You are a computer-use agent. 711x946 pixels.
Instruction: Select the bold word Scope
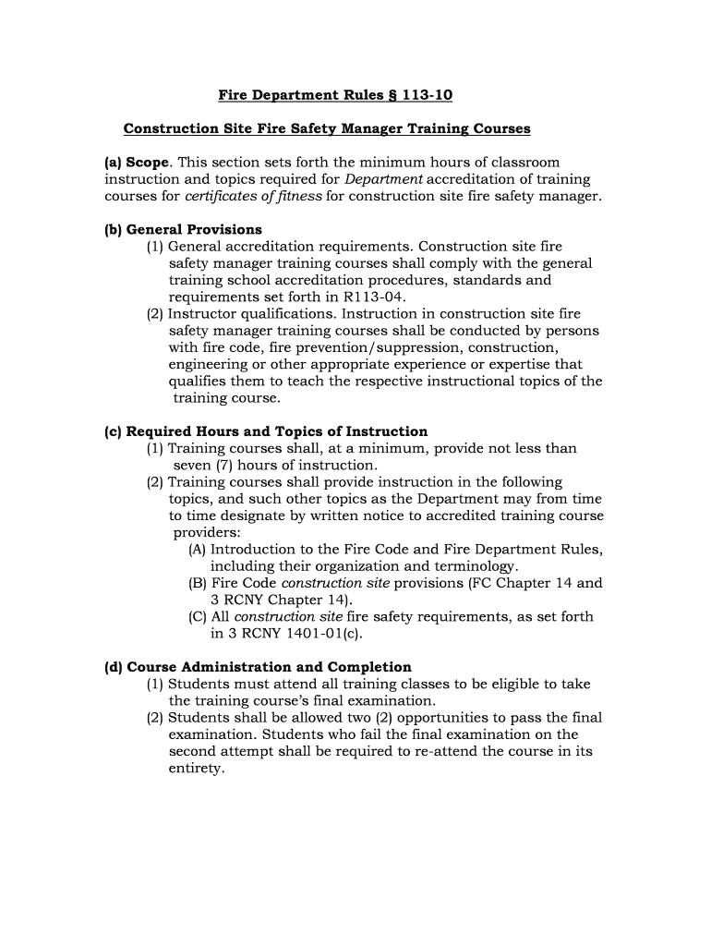(x=149, y=163)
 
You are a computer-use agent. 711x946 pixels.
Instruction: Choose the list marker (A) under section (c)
(x=197, y=549)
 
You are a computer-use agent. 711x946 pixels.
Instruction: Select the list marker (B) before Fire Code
(x=197, y=583)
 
